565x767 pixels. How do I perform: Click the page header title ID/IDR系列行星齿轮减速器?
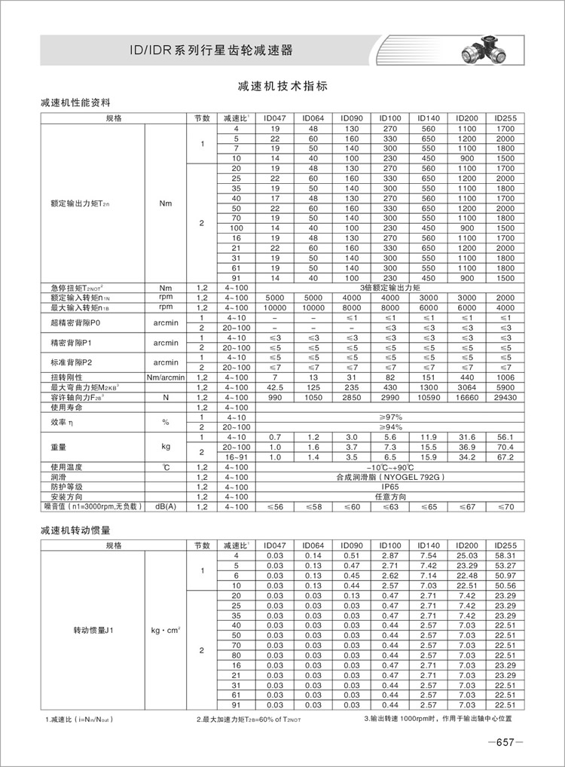pos(211,50)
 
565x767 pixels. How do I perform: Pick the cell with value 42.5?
pos(275,387)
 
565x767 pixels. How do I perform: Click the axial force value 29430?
pos(505,396)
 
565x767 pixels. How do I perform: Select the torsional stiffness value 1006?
pos(505,377)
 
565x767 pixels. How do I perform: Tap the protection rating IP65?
pos(390,487)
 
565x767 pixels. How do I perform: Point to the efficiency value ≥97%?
pos(390,416)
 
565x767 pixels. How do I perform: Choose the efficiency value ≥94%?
pos(390,426)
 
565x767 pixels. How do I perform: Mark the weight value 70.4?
pos(505,447)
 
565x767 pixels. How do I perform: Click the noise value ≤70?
pos(505,507)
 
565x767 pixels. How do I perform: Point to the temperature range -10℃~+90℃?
pos(390,467)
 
